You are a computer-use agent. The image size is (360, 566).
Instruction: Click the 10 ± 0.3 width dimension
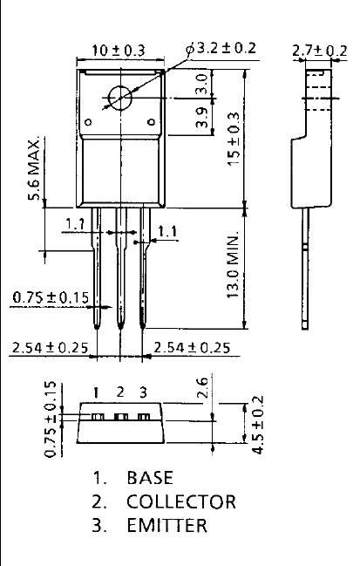coord(119,51)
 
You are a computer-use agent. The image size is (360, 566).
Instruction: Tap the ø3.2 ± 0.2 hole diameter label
coord(221,48)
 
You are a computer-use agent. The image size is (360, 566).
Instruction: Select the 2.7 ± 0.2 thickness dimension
coord(320,51)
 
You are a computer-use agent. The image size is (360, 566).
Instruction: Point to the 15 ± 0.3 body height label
coord(234,139)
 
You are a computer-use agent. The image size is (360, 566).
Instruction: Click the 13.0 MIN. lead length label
coord(233,265)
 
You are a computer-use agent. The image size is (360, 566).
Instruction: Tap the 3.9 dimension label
coord(202,118)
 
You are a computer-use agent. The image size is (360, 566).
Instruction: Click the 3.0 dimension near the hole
coord(202,84)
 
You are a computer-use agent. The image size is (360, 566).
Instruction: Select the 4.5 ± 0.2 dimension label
coord(257,425)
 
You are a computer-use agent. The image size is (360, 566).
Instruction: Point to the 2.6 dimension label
coord(203,387)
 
